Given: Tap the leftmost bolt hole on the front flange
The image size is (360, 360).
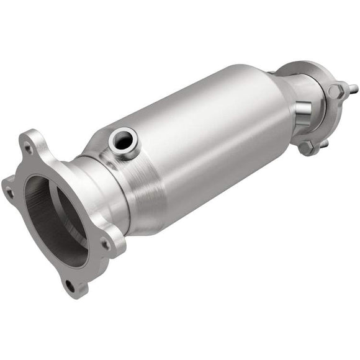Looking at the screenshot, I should (x=9, y=192).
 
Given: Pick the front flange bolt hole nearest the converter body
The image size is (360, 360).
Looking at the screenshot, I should (x=106, y=244).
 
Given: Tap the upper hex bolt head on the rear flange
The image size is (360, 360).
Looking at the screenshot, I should (x=336, y=91).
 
